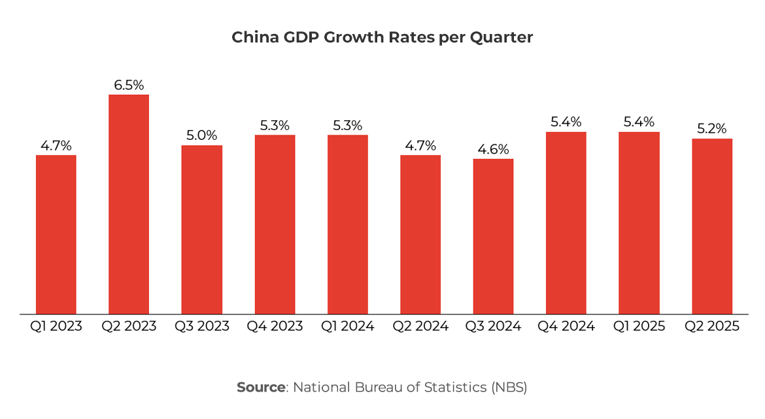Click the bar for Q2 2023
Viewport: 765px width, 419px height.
(129, 204)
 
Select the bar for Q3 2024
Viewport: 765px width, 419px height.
(493, 236)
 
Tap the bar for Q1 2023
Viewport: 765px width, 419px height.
(56, 234)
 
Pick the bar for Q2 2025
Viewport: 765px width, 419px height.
(712, 226)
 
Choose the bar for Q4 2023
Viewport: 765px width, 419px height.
(275, 224)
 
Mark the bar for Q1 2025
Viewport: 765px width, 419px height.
(639, 223)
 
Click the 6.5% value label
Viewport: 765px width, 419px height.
(129, 85)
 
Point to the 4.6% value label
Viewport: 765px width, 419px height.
(493, 149)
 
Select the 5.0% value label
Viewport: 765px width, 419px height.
(201, 135)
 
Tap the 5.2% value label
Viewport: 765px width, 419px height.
(712, 129)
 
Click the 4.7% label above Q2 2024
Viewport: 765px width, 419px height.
(420, 146)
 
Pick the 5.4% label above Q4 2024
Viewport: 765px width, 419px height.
(566, 122)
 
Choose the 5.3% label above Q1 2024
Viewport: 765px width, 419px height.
(347, 126)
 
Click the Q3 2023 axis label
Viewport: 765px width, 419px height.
(201, 326)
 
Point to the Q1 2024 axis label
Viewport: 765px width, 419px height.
(347, 326)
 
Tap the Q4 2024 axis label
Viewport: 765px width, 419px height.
(566, 326)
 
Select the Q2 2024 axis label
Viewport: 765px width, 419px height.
(420, 326)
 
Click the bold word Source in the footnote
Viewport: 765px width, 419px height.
(261, 387)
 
